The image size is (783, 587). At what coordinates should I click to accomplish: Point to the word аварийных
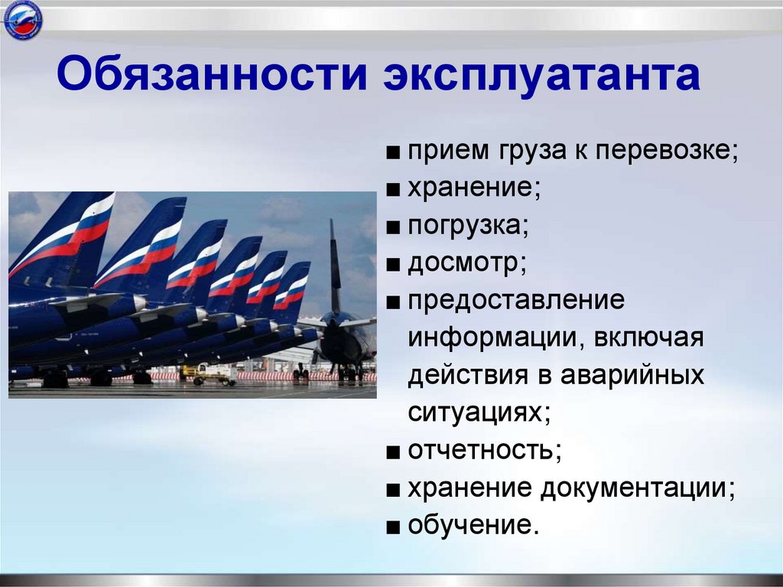click(x=632, y=376)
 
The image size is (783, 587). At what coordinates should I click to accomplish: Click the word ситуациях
click(x=478, y=413)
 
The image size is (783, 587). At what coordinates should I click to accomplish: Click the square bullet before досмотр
click(x=393, y=265)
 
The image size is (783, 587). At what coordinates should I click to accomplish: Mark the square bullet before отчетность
click(x=393, y=452)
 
